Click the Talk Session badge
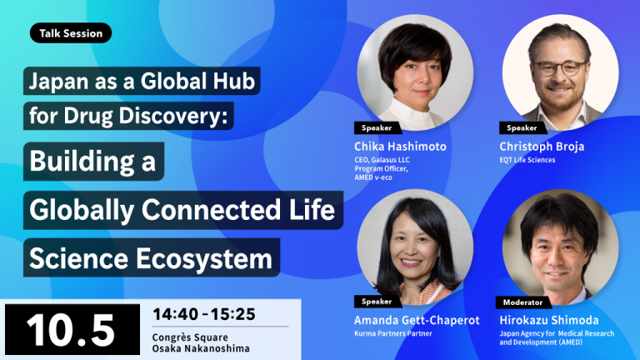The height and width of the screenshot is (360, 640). pyautogui.click(x=71, y=33)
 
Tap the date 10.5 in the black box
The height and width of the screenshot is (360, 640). pyautogui.click(x=70, y=330)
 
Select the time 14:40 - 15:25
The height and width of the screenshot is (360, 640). pyautogui.click(x=204, y=314)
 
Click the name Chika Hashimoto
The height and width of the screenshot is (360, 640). pyautogui.click(x=400, y=146)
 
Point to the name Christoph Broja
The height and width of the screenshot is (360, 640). pyautogui.click(x=542, y=146)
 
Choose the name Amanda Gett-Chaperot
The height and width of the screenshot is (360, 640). pyautogui.click(x=417, y=320)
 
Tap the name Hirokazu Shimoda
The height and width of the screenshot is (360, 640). pyautogui.click(x=549, y=320)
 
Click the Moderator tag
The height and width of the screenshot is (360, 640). pyautogui.click(x=522, y=302)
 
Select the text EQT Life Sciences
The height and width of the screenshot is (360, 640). pyautogui.click(x=527, y=160)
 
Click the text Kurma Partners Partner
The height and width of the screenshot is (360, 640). pyautogui.click(x=393, y=333)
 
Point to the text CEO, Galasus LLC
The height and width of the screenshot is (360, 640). pyautogui.click(x=382, y=160)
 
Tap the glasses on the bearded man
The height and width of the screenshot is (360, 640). pyautogui.click(x=559, y=68)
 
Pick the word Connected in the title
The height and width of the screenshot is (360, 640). pyautogui.click(x=211, y=210)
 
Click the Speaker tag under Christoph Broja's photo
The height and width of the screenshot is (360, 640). pyautogui.click(x=522, y=127)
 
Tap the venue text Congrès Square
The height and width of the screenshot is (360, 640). pyautogui.click(x=190, y=337)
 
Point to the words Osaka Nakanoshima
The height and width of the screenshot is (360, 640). pyautogui.click(x=201, y=348)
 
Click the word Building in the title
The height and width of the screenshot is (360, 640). pyautogui.click(x=82, y=162)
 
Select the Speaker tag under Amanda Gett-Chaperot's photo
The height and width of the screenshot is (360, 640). pyautogui.click(x=377, y=302)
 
